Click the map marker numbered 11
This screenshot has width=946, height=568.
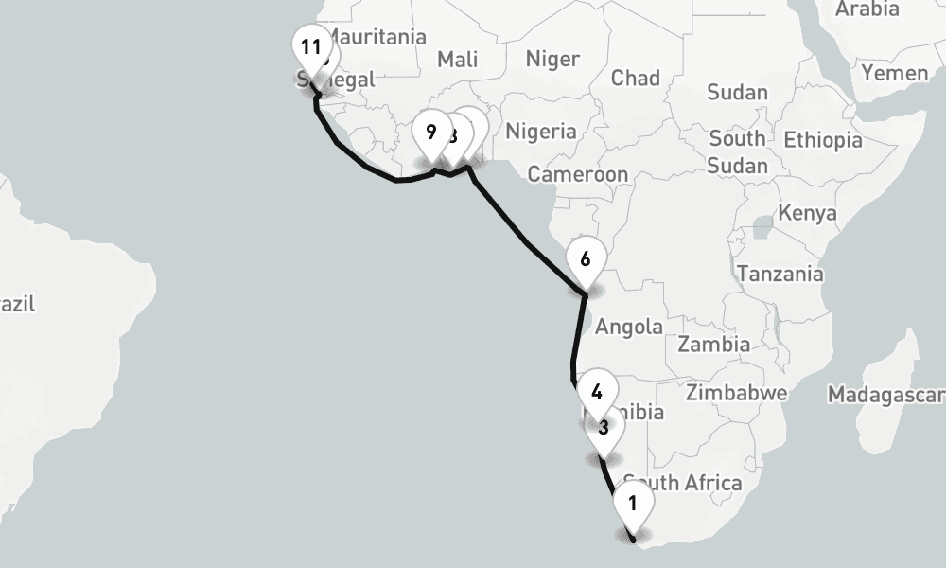(311, 47)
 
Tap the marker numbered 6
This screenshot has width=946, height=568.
(586, 258)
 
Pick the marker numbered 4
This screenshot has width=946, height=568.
(596, 391)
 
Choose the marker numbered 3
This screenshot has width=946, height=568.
(603, 428)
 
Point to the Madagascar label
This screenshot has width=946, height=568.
(885, 394)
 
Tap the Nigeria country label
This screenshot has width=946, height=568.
(540, 131)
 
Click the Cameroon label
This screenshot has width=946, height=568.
(577, 174)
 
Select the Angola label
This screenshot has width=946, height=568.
(629, 328)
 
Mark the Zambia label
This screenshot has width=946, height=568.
(713, 344)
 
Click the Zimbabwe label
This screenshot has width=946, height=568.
(737, 392)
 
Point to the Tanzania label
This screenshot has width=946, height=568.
(780, 275)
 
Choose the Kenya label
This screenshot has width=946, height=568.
(807, 213)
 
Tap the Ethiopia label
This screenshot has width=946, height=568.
(822, 140)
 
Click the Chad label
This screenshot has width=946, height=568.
(635, 78)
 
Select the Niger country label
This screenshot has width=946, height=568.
(552, 59)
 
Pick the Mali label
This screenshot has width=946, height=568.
(457, 60)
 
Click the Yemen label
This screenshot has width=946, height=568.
(894, 73)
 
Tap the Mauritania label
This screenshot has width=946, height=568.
(375, 38)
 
